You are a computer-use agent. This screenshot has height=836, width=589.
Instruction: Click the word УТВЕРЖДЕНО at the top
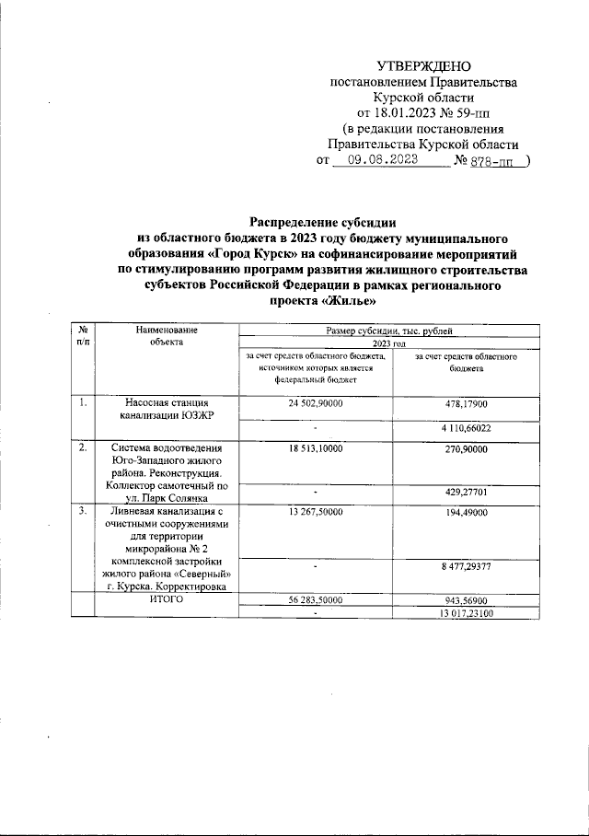click(x=423, y=65)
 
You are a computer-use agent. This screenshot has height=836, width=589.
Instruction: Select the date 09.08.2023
click(x=375, y=159)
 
